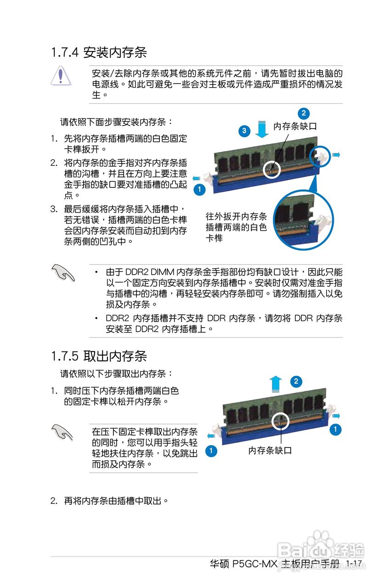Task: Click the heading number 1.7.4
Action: [x=65, y=52]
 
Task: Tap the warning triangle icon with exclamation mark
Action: [x=61, y=75]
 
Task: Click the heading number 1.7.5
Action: [x=65, y=356]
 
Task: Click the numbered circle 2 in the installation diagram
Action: [x=303, y=113]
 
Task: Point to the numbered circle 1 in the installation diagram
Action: [x=199, y=189]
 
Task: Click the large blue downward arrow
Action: [x=262, y=129]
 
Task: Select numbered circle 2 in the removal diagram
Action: [x=296, y=381]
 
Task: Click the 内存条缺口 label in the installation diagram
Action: [x=295, y=126]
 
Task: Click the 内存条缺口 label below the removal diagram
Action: [x=270, y=451]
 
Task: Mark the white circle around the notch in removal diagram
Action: [x=280, y=421]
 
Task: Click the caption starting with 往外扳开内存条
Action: [x=236, y=227]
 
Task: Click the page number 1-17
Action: [x=354, y=563]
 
